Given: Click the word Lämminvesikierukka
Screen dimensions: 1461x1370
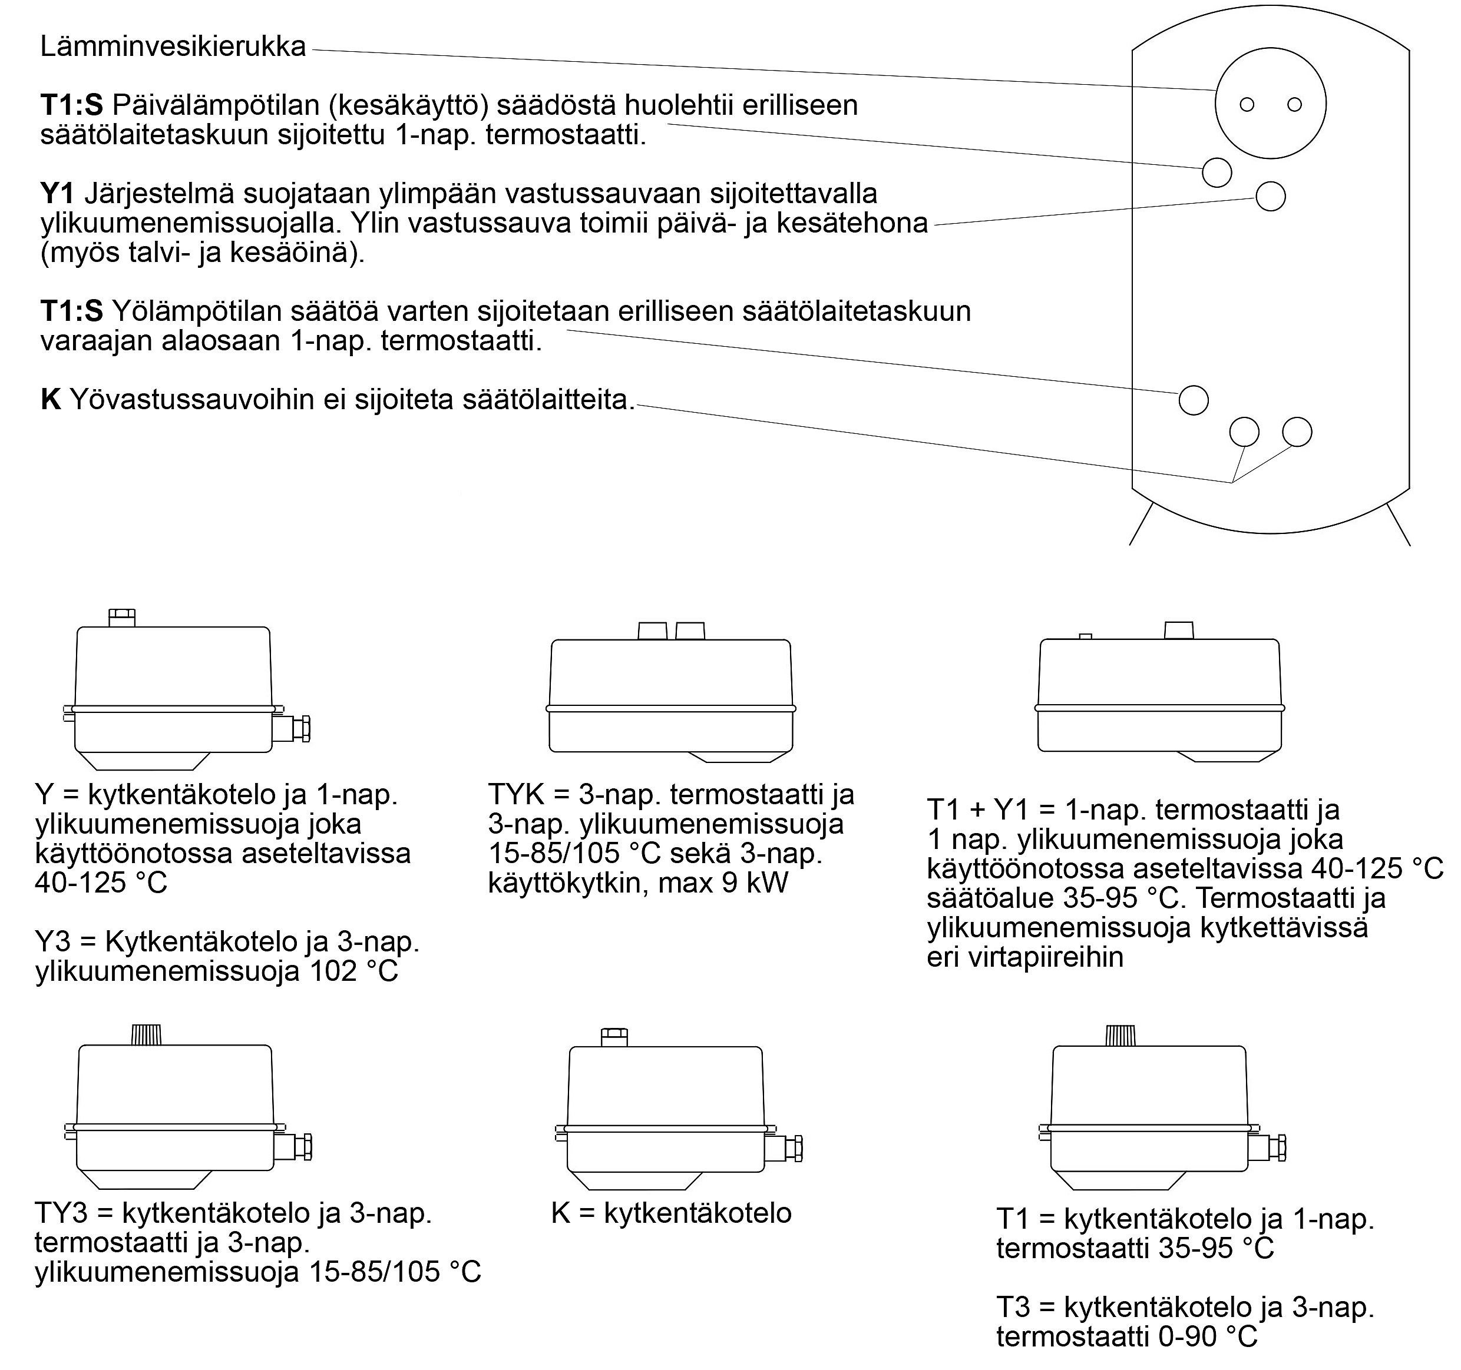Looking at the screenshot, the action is (173, 47).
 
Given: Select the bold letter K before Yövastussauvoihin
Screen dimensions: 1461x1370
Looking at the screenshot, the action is (50, 400).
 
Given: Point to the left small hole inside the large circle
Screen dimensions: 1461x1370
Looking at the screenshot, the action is (1247, 104).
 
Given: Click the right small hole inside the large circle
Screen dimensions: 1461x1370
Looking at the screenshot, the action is (1295, 104).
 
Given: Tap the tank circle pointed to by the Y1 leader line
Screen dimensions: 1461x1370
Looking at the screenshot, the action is (1271, 196).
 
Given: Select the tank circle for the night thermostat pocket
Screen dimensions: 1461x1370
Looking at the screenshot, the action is (1194, 400).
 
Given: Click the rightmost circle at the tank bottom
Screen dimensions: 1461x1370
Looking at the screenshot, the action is (1297, 432).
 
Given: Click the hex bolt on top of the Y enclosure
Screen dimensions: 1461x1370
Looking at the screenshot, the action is (122, 617).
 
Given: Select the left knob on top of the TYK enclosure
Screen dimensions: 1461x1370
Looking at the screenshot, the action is (652, 631).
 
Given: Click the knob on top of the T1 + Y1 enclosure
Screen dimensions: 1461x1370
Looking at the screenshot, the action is (1179, 631).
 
